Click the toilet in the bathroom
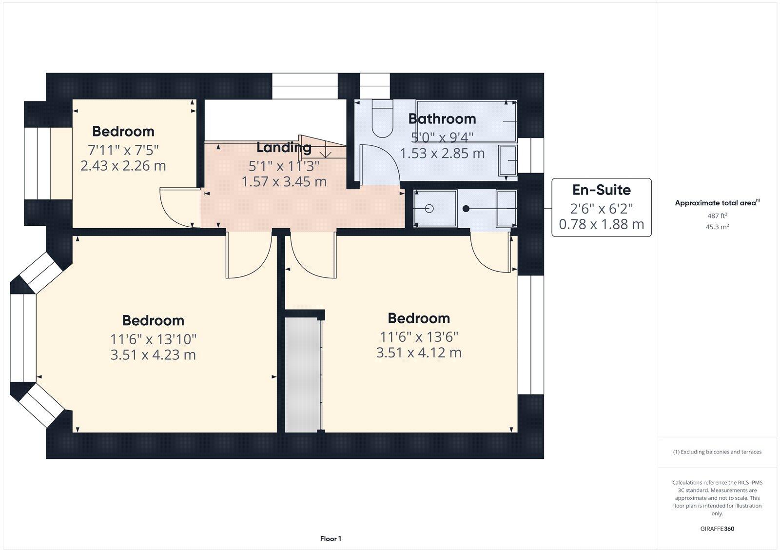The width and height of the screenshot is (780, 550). coord(382,118)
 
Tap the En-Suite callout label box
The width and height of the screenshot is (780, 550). coord(601,207)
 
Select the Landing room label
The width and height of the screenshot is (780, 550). coord(284,147)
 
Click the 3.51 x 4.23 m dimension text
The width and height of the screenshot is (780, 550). coord(153,354)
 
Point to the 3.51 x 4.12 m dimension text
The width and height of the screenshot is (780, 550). coord(418,353)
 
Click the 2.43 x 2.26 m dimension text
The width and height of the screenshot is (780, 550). coord(123,166)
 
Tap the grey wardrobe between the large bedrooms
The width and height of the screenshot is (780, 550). coord(303,374)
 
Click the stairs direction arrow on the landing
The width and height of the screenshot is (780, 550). coord(327,153)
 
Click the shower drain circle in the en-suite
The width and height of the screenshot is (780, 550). coord(429,209)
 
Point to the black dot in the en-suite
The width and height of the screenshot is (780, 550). coord(466,209)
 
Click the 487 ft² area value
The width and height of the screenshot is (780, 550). coord(717,216)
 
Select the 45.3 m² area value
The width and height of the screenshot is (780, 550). coord(717,227)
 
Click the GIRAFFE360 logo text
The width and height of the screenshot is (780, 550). coord(717,529)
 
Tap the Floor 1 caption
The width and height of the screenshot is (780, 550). coord(331,539)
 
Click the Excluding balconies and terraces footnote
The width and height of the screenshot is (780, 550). coord(717,452)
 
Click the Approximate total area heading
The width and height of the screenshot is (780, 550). coord(716,203)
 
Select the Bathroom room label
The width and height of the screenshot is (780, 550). coord(442,118)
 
